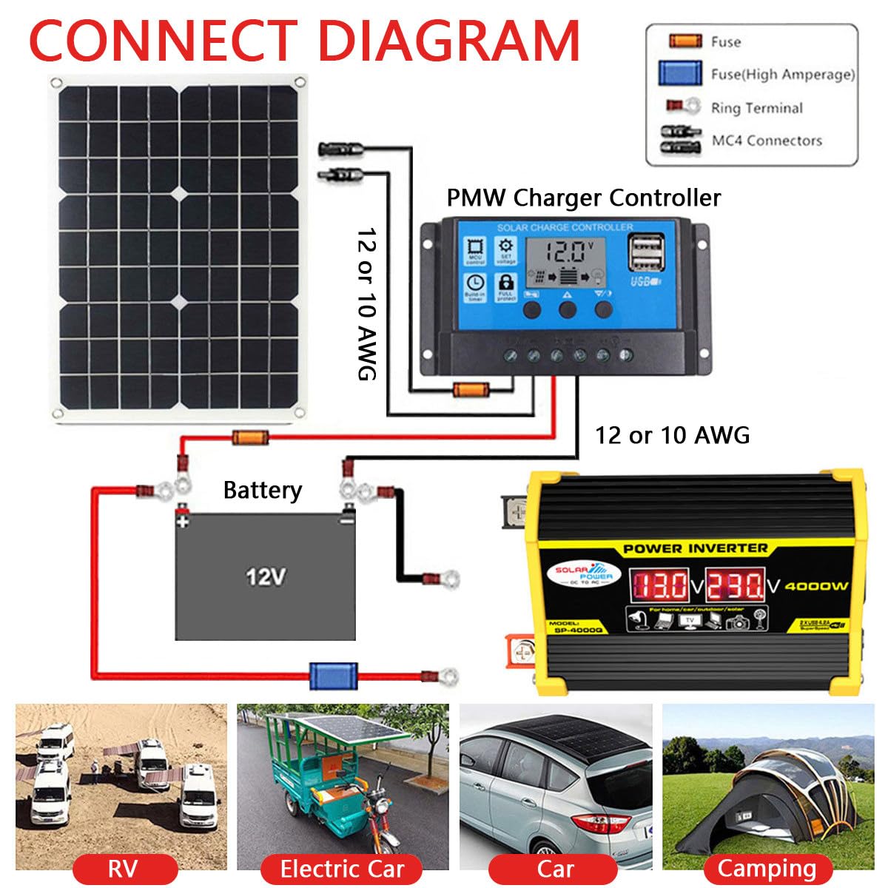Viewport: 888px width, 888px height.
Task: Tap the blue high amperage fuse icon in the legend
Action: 680,73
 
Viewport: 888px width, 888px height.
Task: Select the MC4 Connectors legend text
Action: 767,140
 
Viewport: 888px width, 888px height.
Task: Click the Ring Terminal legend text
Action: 756,108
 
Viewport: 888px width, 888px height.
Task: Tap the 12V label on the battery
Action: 265,576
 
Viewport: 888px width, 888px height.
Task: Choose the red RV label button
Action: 123,868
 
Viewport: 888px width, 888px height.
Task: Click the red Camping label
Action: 766,868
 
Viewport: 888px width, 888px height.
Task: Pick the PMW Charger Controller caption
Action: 583,198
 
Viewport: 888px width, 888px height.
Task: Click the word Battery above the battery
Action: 262,490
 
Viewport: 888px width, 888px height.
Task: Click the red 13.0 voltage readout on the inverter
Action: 659,585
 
